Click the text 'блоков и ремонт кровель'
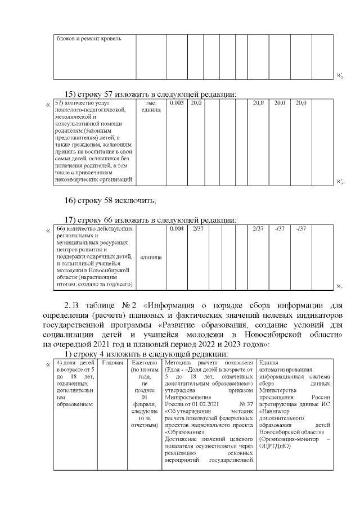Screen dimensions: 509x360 88,39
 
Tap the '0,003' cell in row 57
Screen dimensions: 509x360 177,103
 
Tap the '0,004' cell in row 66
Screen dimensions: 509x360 177,229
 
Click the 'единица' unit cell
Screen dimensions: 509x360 150,257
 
